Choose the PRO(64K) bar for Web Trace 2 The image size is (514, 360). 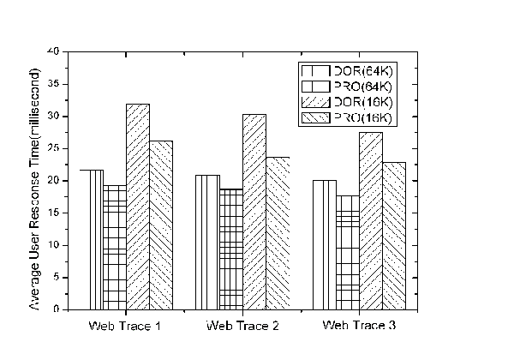pos(230,249)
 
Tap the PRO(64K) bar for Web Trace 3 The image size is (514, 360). pos(347,252)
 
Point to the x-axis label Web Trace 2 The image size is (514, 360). pos(242,327)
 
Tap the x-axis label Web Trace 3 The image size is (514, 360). pos(359,327)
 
